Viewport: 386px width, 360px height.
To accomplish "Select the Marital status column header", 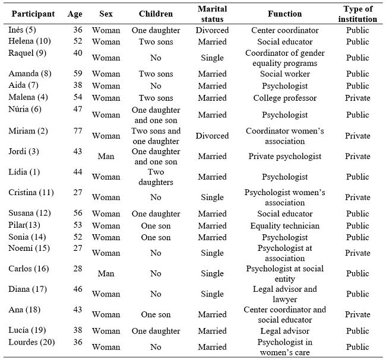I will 212,14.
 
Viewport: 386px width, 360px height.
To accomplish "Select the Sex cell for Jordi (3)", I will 106,157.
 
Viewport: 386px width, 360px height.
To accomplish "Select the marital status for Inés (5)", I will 212,30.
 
